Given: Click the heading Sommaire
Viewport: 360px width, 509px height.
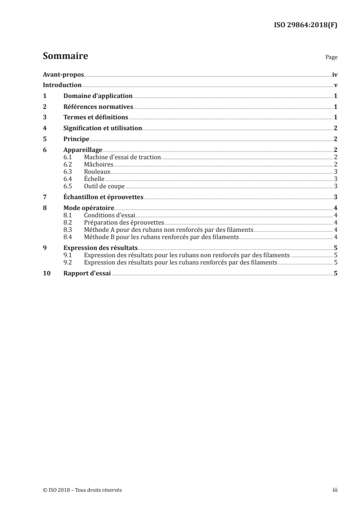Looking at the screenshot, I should (65, 56).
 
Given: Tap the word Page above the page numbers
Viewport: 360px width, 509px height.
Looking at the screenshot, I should (331, 58).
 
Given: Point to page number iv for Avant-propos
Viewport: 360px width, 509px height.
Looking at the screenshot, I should (335, 74).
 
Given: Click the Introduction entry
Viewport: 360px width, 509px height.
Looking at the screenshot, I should (62, 85).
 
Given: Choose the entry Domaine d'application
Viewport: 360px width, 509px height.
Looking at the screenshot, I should (98, 96).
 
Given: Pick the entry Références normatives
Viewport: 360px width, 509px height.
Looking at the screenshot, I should (98, 107).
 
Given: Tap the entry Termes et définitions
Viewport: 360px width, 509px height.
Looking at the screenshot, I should (95, 117).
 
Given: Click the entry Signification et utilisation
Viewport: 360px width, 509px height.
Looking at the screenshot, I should (103, 128).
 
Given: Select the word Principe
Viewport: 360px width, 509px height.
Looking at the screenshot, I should (76, 139).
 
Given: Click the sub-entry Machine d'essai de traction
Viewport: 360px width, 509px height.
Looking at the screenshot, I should (123, 157).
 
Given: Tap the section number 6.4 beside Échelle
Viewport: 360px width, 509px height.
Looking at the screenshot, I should (68, 179).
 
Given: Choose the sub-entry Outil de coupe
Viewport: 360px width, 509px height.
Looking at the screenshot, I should (104, 186).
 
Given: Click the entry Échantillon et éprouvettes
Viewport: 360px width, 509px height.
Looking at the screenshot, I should (103, 197).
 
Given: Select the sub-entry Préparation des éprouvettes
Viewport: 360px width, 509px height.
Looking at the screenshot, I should (123, 222).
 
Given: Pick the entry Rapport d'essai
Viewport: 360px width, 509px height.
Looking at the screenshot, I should (87, 273).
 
